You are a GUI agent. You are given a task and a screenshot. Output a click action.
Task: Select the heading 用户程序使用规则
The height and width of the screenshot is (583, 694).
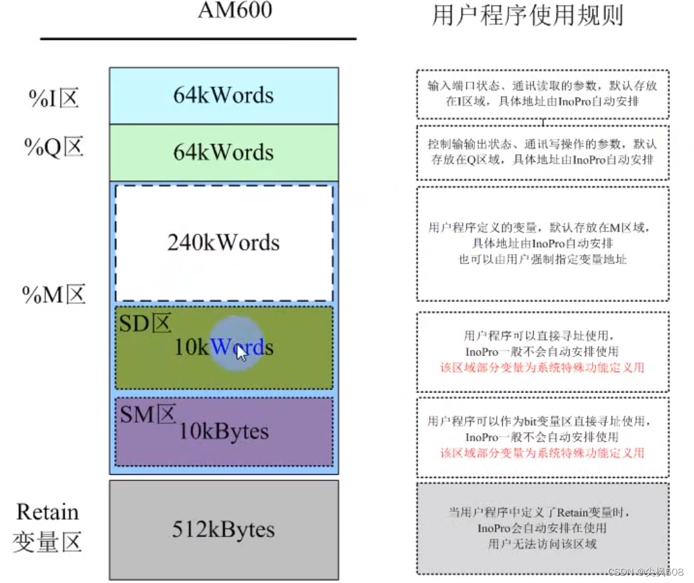click(527, 15)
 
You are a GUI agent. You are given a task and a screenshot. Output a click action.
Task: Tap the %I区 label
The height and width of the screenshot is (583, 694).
click(54, 99)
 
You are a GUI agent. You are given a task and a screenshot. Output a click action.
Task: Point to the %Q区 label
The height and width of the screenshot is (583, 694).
click(54, 147)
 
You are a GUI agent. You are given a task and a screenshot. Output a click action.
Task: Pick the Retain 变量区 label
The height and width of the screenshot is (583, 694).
click(47, 527)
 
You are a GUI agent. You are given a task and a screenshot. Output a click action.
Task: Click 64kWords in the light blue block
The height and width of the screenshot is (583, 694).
click(224, 95)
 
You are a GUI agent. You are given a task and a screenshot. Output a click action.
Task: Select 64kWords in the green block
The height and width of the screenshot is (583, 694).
click(224, 152)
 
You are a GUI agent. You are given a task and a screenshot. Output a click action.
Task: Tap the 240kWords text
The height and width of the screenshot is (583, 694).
click(224, 242)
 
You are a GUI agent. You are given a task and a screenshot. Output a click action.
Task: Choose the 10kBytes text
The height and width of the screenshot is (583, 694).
click(224, 431)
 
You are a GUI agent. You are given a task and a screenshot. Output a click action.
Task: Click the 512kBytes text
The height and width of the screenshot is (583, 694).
click(224, 529)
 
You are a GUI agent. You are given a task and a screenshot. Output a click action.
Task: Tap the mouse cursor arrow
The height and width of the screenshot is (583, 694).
click(241, 353)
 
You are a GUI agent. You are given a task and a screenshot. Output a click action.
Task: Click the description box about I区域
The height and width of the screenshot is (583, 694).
click(543, 94)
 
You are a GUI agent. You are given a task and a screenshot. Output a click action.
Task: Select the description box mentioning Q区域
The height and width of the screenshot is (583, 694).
click(543, 152)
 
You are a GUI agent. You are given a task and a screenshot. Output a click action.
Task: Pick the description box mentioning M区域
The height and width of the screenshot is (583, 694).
click(543, 243)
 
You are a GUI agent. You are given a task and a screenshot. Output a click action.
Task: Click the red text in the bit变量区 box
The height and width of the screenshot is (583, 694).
click(543, 453)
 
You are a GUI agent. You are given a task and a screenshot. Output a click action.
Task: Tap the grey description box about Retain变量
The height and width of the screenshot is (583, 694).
click(543, 528)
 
